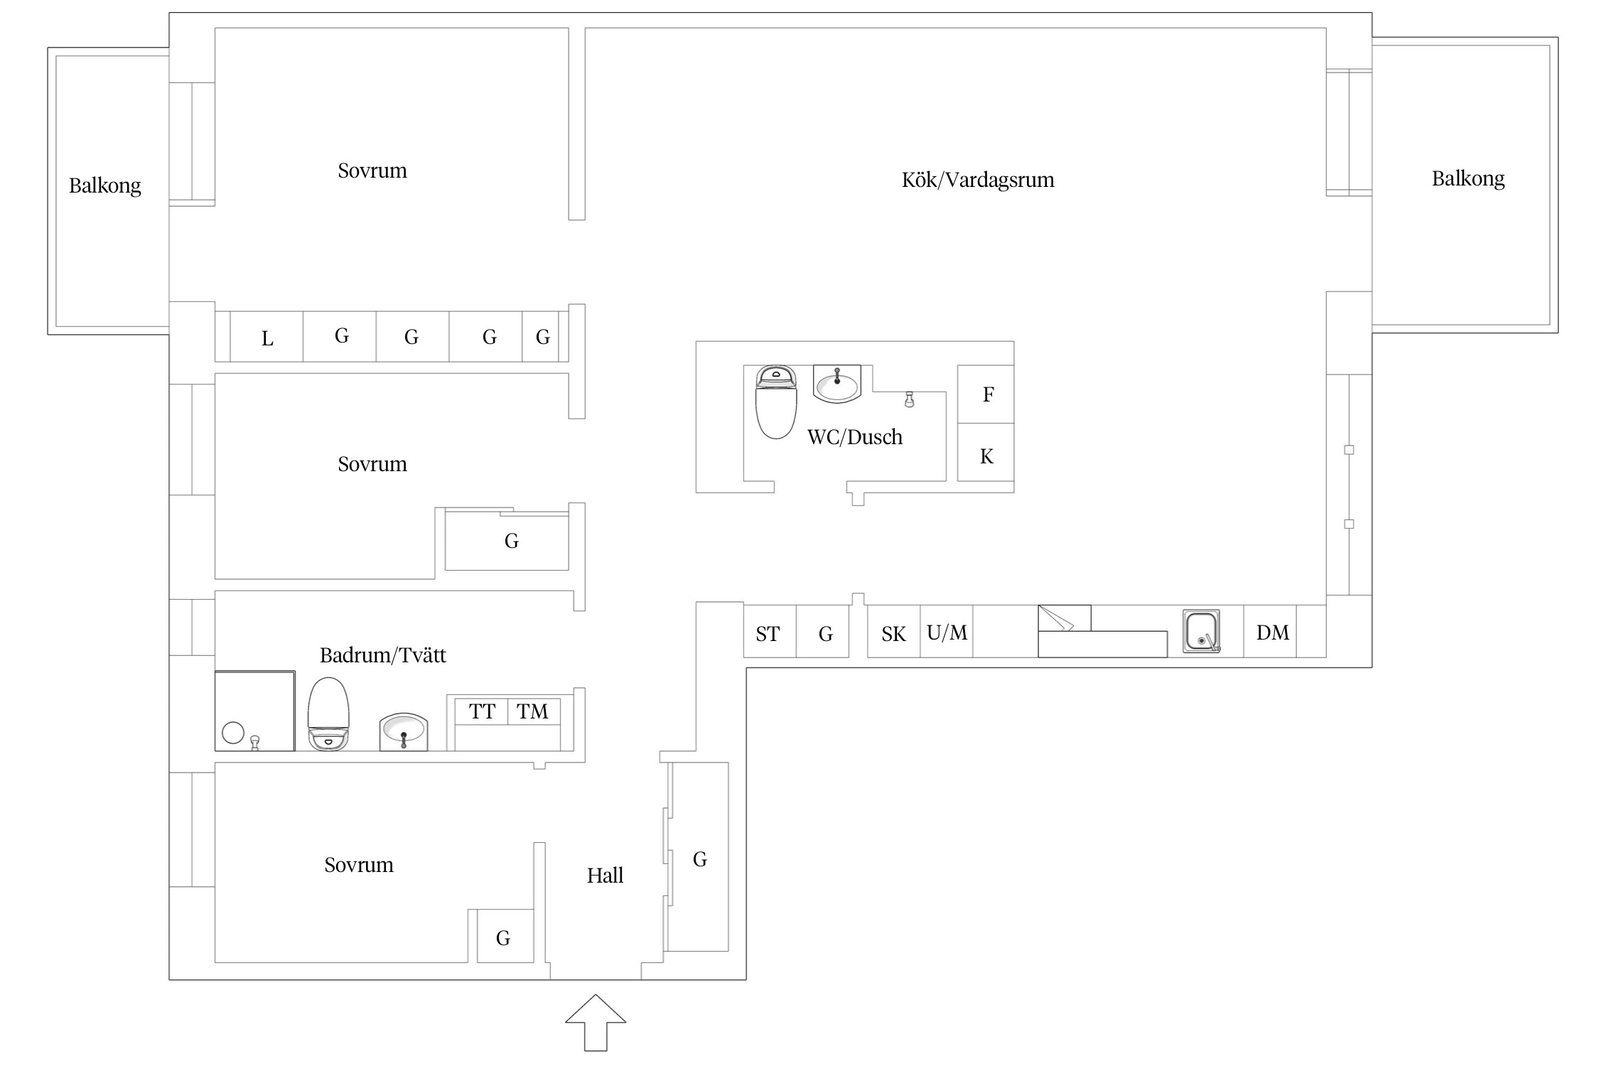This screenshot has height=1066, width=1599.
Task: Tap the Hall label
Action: tap(605, 875)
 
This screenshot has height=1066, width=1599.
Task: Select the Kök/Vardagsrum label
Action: tap(978, 179)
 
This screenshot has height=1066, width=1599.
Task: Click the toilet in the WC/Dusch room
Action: tap(776, 402)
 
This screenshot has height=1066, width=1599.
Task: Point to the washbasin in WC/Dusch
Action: tap(837, 384)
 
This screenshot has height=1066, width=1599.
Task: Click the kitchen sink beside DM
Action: tap(1201, 630)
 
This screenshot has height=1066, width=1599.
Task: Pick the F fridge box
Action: tap(986, 394)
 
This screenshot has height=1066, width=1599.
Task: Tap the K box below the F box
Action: tap(986, 453)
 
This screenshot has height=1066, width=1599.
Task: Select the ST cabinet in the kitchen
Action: tap(770, 631)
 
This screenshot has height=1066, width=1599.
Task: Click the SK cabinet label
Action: tap(894, 634)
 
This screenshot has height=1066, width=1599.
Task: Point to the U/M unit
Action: tap(947, 631)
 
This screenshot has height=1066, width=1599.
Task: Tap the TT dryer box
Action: tap(481, 711)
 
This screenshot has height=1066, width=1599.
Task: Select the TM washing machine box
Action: tap(534, 711)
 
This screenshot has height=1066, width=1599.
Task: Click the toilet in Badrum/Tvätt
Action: tap(328, 714)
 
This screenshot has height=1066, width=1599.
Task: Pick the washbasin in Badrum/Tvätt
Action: tap(404, 731)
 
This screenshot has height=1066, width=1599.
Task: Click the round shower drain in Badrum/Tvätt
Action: tap(233, 733)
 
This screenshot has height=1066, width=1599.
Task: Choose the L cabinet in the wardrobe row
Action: tap(266, 337)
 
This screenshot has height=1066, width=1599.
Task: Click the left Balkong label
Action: tap(105, 185)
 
